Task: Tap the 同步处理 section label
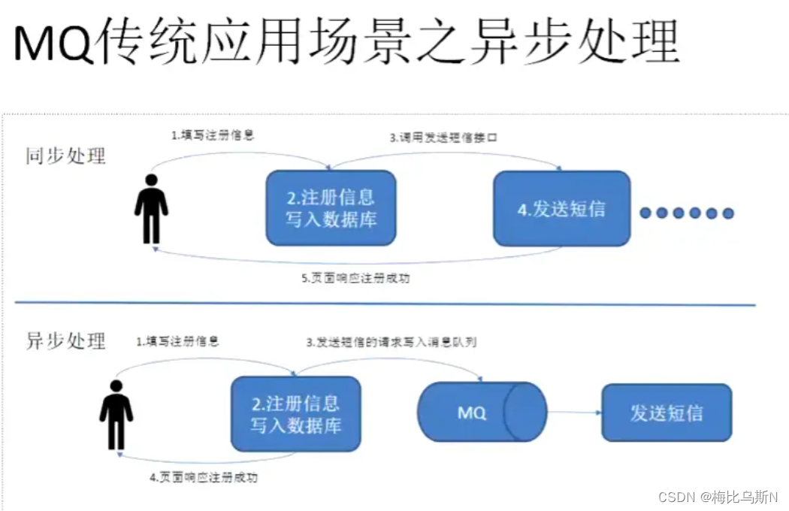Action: tap(66, 156)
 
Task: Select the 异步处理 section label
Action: tap(66, 340)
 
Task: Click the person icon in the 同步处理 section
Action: tap(151, 209)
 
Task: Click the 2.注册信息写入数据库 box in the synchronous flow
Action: tap(331, 208)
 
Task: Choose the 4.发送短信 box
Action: tap(561, 208)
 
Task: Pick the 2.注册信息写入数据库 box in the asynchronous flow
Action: tap(295, 414)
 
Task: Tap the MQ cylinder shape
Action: tap(482, 413)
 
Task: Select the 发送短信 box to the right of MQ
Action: tap(666, 413)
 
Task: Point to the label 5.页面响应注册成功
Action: tap(356, 278)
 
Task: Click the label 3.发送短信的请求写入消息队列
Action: tap(391, 342)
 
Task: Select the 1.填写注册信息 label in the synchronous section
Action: tap(213, 136)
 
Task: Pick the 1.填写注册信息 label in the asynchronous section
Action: tap(177, 341)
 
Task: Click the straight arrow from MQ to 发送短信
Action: tap(575, 413)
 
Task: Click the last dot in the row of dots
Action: tap(727, 213)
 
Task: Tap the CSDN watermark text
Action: tap(718, 497)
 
